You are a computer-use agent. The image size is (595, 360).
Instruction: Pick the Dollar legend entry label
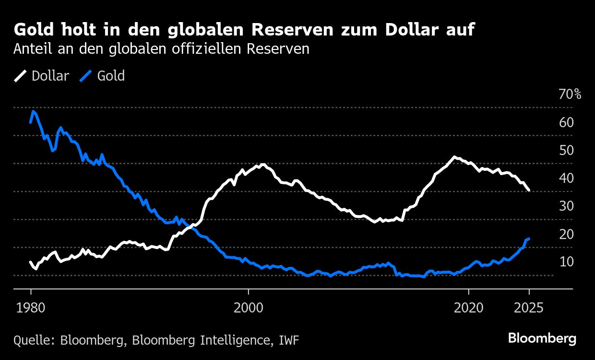click(x=50, y=76)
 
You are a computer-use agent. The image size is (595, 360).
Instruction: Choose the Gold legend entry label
click(x=111, y=76)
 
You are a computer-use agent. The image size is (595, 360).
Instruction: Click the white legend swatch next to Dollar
click(x=21, y=76)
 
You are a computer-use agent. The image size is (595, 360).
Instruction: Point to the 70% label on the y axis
click(x=570, y=95)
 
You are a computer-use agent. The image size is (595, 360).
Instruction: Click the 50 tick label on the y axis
click(x=566, y=150)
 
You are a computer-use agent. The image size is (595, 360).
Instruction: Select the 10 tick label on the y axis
click(x=566, y=262)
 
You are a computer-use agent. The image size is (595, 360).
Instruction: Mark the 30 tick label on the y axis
click(x=566, y=206)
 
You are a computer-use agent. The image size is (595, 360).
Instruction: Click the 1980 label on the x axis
click(x=31, y=308)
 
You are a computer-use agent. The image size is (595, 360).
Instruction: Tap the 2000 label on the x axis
click(x=249, y=308)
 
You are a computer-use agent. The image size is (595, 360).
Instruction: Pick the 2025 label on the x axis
click(x=529, y=308)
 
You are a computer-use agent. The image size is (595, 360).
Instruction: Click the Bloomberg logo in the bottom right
click(x=542, y=338)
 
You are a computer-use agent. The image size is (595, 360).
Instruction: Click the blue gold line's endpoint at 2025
click(x=529, y=239)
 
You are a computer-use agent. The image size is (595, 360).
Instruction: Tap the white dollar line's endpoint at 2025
click(x=529, y=191)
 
